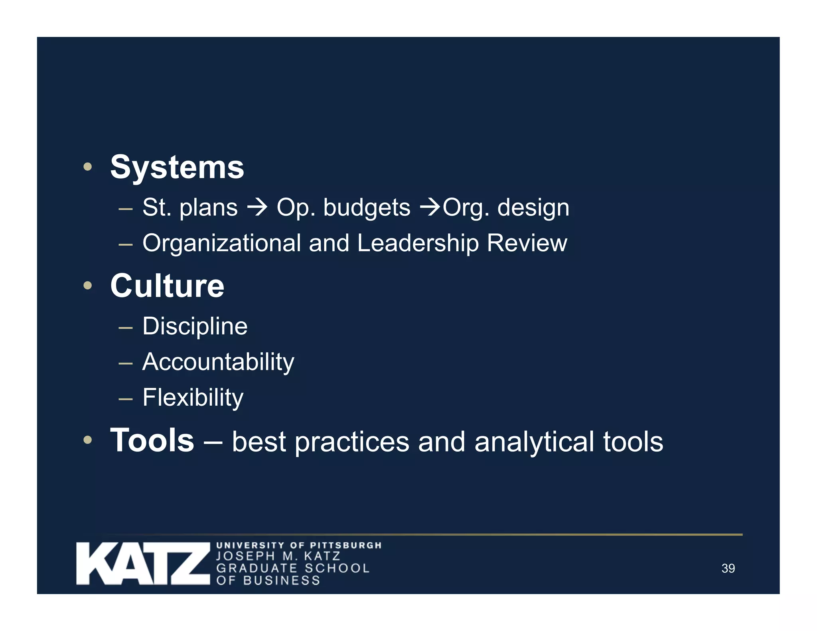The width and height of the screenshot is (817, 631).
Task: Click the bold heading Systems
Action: [177, 168]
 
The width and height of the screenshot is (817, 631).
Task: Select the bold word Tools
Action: [152, 440]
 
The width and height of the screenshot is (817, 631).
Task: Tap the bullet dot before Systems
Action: [88, 167]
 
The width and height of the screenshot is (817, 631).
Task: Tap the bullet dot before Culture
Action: [88, 285]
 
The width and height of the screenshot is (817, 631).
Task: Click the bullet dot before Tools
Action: [88, 440]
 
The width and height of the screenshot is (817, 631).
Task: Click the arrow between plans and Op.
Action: [257, 208]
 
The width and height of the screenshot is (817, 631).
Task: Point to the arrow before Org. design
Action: [430, 208]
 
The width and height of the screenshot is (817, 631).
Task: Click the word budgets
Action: [366, 208]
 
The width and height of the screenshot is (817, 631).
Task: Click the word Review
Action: [527, 243]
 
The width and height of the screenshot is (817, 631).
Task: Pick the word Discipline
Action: [195, 326]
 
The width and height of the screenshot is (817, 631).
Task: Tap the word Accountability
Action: [218, 362]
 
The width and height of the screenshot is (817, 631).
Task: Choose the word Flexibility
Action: [193, 398]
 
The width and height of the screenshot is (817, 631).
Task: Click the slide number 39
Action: [728, 568]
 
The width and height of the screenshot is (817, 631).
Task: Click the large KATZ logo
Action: [143, 563]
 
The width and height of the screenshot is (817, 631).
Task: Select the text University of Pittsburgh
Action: [299, 545]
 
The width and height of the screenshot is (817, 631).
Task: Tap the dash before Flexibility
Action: [125, 398]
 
